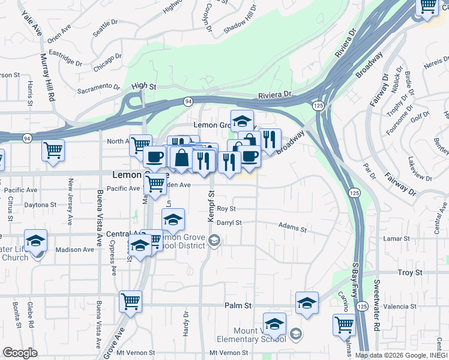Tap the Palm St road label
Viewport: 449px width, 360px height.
[x=238, y=306]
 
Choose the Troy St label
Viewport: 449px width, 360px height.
[x=411, y=272]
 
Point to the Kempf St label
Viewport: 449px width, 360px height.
[x=211, y=206]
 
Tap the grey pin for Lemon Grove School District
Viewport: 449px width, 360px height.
[x=214, y=241]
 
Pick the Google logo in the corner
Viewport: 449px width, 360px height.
[x=20, y=353]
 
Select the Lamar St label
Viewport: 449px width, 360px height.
[x=396, y=239]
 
